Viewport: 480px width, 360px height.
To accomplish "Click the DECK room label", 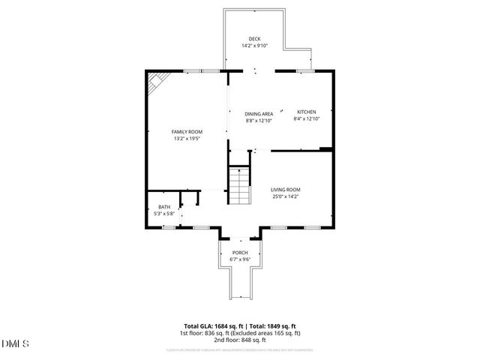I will click(255, 38).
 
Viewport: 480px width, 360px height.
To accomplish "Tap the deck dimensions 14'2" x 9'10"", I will click(255, 46).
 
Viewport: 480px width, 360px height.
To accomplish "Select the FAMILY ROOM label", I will click(187, 131).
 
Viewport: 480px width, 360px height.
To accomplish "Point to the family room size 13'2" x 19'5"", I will click(187, 139).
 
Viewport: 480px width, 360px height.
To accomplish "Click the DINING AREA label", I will click(259, 113).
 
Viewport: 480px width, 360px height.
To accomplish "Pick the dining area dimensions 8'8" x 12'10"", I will click(259, 121).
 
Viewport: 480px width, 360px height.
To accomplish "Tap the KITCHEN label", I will click(307, 112).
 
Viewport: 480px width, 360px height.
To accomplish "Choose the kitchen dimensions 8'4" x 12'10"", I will click(307, 119).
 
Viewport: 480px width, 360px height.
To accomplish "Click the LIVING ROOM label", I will click(286, 190).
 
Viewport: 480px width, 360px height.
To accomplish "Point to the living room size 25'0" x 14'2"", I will click(286, 197).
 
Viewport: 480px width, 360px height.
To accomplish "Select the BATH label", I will click(163, 207).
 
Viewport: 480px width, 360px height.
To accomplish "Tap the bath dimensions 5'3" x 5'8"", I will click(163, 214).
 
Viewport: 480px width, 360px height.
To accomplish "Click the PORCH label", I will click(239, 252).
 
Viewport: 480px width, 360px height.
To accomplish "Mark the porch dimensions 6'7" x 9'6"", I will click(239, 259).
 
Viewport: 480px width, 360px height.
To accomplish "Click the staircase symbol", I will click(239, 184).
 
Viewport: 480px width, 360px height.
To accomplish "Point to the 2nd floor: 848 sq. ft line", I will click(239, 340).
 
